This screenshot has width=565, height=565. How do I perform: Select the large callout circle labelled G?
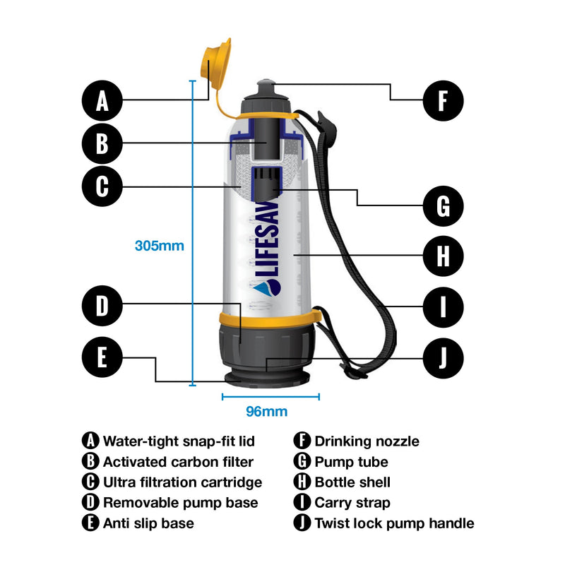pyautogui.click(x=443, y=206)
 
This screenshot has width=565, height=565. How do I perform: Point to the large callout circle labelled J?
pyautogui.click(x=443, y=357)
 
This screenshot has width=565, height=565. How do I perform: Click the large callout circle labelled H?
pyautogui.click(x=443, y=255)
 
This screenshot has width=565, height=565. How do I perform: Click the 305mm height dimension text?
pyautogui.click(x=160, y=246)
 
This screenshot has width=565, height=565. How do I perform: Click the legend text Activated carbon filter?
pyautogui.click(x=178, y=463)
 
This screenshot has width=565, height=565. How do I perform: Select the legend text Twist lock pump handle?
pyautogui.click(x=394, y=523)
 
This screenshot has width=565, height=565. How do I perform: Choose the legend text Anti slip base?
pyautogui.click(x=148, y=523)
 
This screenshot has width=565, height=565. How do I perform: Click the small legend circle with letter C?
pyautogui.click(x=90, y=482)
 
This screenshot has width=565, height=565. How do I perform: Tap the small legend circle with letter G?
pyautogui.click(x=302, y=463)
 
